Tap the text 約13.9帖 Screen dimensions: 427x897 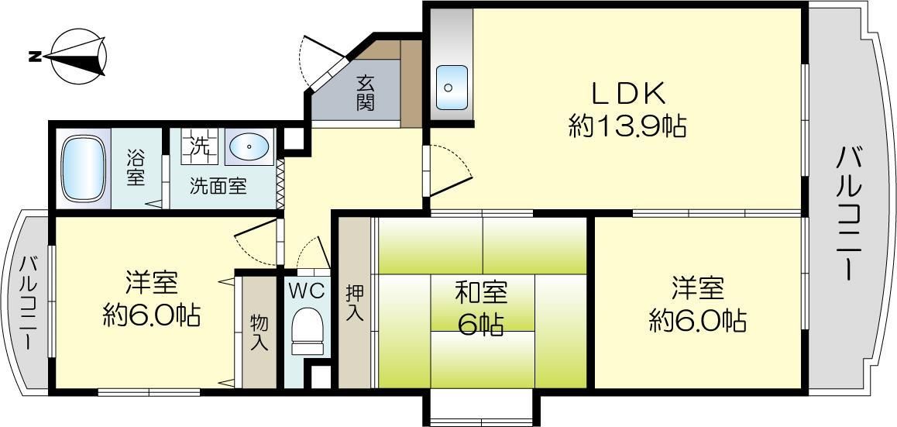click(627, 126)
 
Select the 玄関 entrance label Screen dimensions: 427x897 click(366, 92)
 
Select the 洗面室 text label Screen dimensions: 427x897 click(219, 187)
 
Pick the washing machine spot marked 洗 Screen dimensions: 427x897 click(200, 146)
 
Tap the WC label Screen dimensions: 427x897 click(307, 291)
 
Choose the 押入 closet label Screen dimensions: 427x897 click(354, 305)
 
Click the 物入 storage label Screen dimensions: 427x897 click(259, 332)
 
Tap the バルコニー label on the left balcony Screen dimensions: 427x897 click(29, 303)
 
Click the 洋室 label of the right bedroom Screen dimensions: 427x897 click(697, 289)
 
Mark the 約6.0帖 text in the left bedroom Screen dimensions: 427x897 click(152, 315)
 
